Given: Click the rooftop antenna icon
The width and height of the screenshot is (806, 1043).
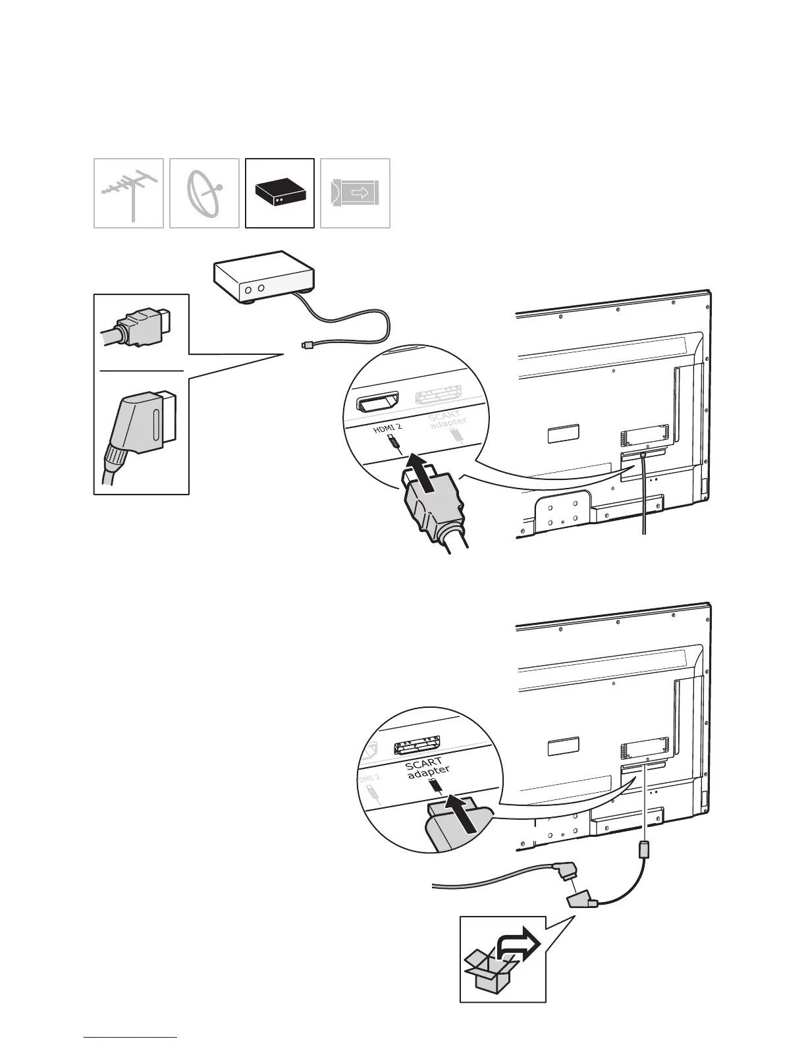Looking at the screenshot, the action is (x=128, y=194).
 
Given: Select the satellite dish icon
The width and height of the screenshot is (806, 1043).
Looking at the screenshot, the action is (x=204, y=194).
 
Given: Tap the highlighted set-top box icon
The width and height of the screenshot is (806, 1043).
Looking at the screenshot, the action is (x=280, y=193).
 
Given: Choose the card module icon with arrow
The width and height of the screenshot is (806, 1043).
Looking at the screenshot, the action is (x=355, y=194).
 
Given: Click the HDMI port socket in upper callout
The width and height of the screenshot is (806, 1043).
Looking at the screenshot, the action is (x=377, y=401).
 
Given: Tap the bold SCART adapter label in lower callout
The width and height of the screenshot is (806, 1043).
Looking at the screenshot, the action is (x=427, y=768).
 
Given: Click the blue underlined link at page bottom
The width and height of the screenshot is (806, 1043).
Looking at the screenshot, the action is (x=130, y=1038).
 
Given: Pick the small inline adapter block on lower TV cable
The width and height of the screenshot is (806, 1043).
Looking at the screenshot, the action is (x=644, y=849).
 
